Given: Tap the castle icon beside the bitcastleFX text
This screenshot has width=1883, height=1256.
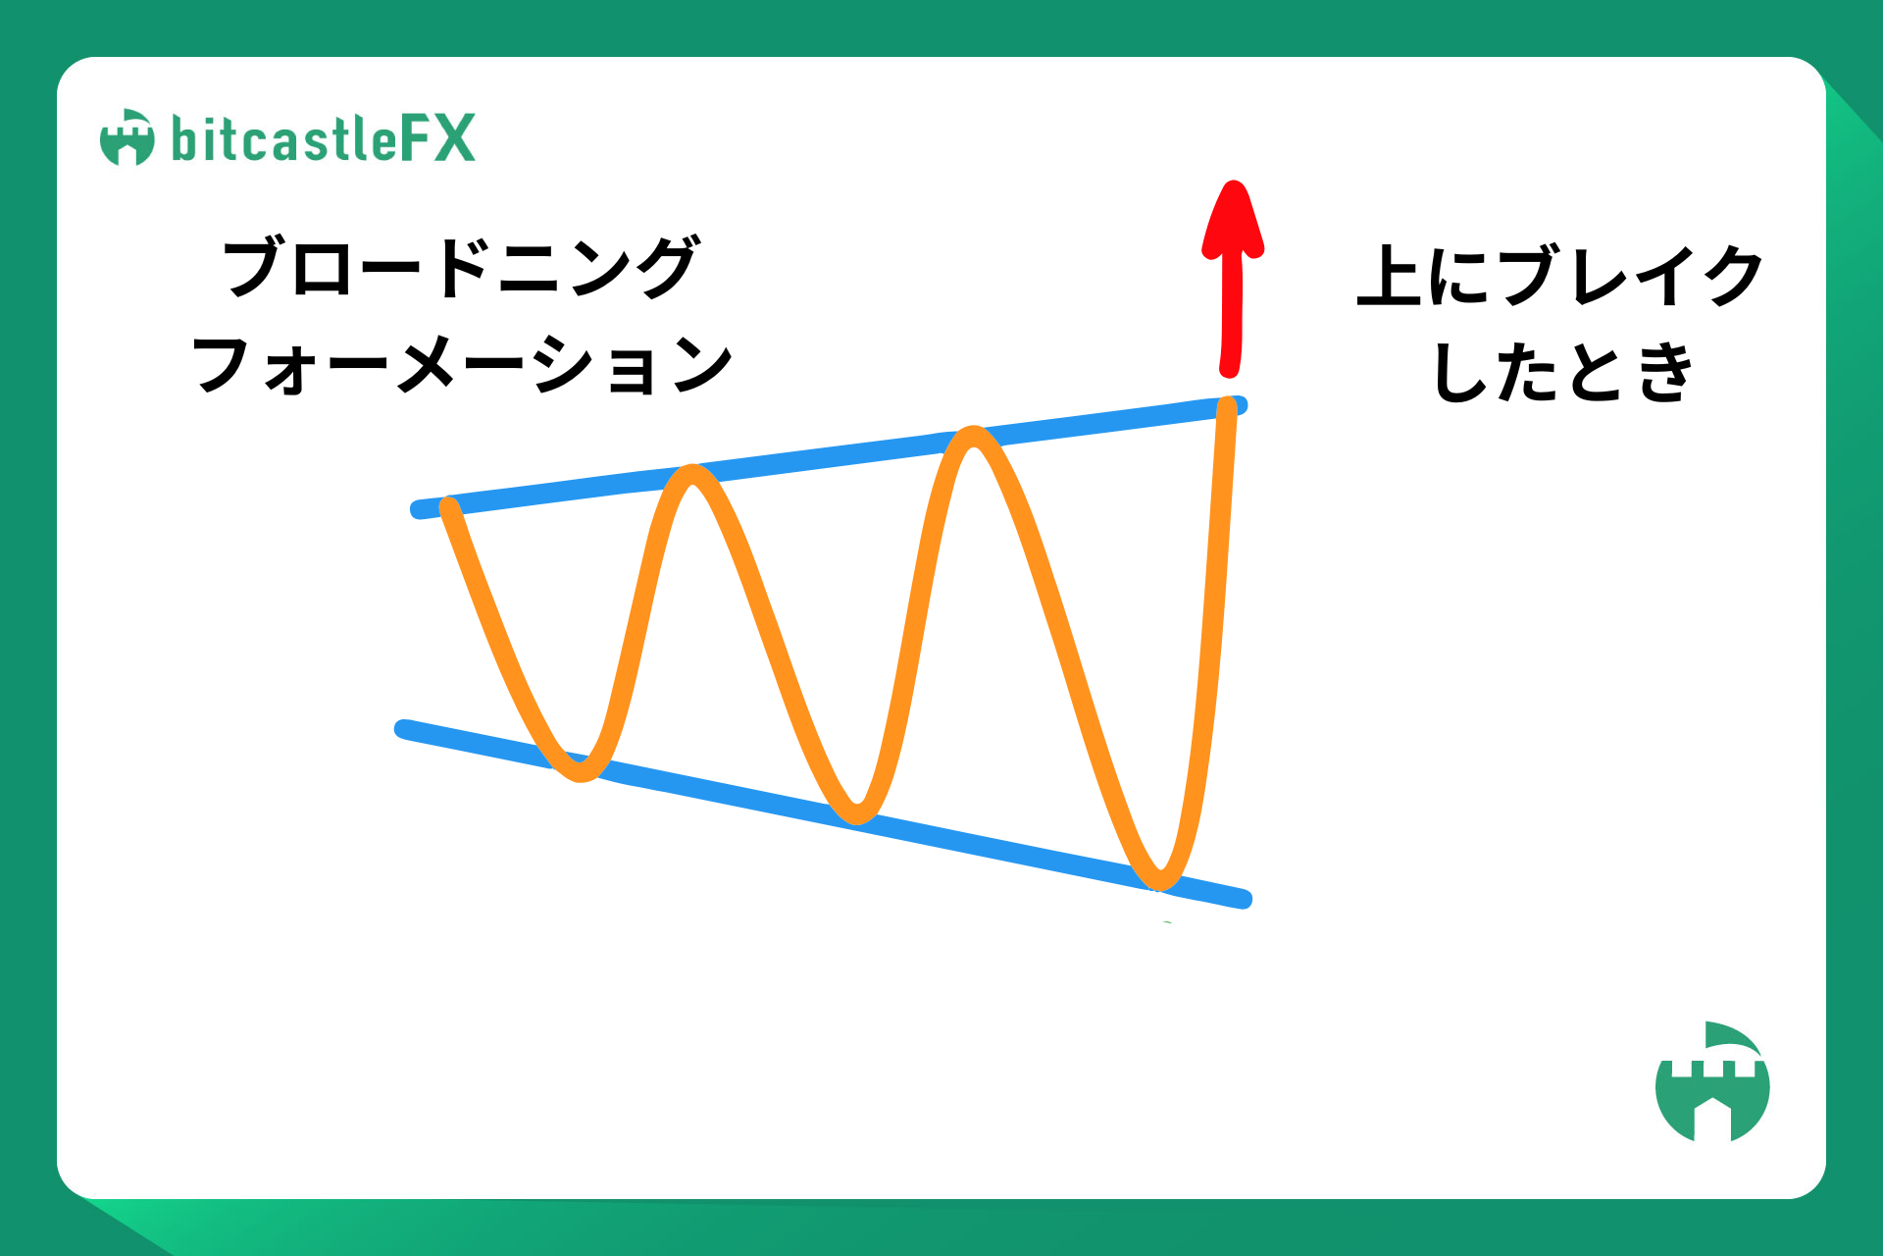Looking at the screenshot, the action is [127, 137].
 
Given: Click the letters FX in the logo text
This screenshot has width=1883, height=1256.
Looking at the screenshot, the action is [437, 138].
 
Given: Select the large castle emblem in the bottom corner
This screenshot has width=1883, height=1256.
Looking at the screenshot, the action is [1712, 1081].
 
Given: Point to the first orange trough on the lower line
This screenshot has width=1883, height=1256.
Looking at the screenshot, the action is [581, 771].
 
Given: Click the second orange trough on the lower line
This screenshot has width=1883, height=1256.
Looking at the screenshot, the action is [857, 812].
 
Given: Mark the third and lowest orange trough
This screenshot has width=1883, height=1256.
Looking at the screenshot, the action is [1160, 879].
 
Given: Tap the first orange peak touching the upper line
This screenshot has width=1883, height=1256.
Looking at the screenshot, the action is [693, 475].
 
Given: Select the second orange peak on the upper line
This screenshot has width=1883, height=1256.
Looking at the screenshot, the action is [973, 438].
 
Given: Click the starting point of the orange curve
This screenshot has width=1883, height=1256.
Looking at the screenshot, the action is [449, 506].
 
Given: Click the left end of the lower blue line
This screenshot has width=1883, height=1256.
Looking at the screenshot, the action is [403, 729].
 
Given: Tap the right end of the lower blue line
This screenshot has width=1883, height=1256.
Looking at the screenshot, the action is [1244, 899].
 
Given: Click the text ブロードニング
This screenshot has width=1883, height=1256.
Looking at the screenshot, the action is [462, 266].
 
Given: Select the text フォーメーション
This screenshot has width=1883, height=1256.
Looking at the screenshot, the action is [462, 364].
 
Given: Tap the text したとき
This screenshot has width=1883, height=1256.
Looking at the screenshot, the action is [1563, 373].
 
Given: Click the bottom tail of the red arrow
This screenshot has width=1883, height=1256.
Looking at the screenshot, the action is [1230, 369].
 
